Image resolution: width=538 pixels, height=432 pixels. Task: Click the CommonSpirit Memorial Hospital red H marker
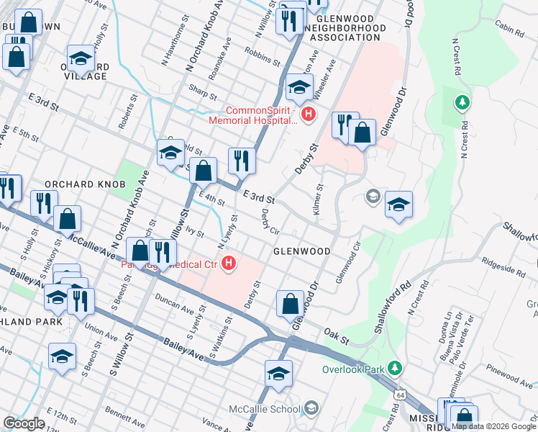[309, 114]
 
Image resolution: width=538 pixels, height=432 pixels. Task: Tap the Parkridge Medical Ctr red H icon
[229, 264]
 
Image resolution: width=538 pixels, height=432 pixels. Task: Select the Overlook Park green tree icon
[393, 368]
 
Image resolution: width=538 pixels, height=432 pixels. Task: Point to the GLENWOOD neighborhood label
[301, 251]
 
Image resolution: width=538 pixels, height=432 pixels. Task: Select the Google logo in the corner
[24, 423]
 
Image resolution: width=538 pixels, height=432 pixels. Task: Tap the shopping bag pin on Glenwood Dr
[291, 303]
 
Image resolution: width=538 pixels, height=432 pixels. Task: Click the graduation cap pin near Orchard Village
[81, 59]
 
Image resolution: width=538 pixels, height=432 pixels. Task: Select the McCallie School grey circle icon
[311, 408]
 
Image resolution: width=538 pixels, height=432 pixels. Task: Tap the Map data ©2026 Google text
[493, 426]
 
